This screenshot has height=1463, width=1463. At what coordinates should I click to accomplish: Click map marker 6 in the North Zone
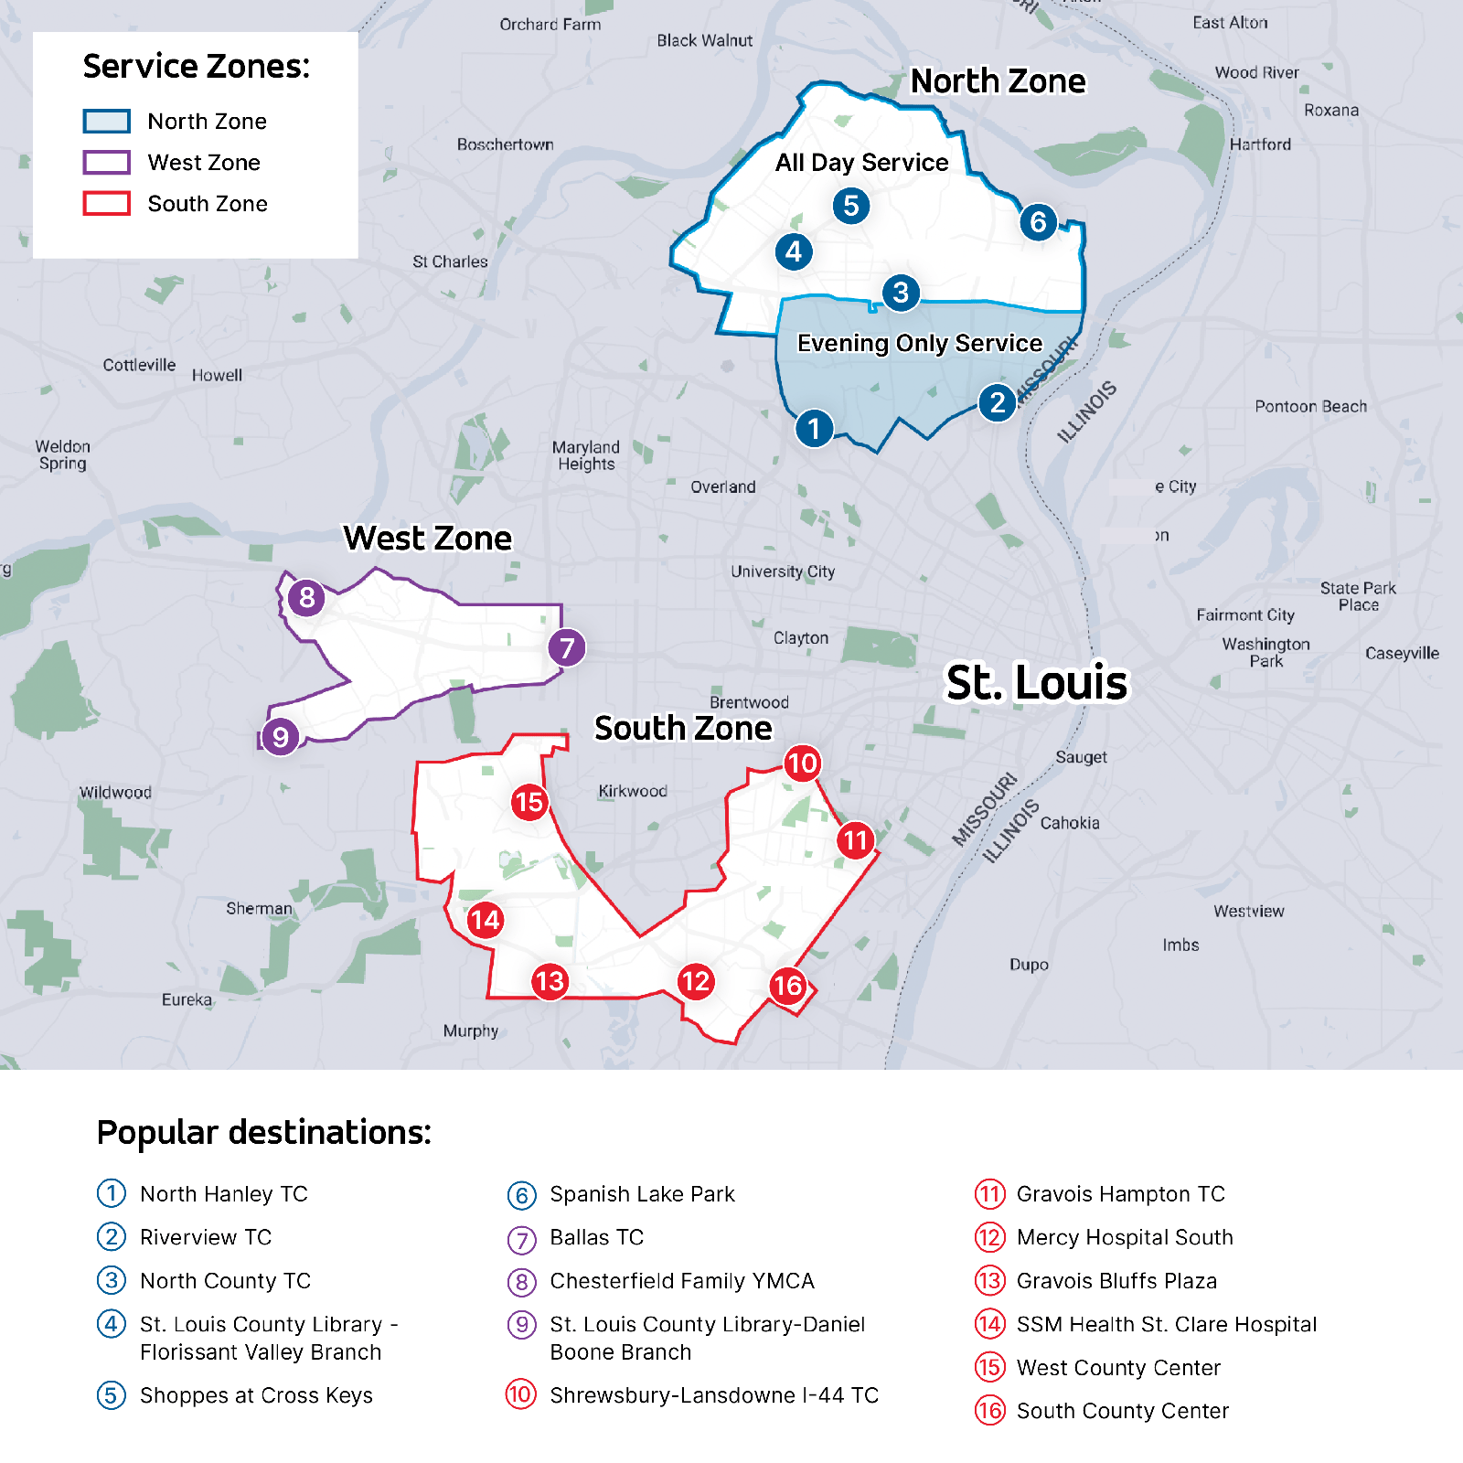[1038, 221]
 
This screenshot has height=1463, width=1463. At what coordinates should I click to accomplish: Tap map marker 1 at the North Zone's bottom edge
[814, 428]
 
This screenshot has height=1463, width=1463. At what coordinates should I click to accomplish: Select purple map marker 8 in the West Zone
[306, 598]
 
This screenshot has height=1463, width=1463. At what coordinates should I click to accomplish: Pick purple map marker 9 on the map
[280, 737]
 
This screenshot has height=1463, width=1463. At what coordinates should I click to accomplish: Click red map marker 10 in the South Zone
[802, 764]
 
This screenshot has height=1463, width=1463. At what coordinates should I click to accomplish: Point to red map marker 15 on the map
[529, 803]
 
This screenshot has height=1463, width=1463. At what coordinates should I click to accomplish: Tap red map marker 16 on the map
[787, 986]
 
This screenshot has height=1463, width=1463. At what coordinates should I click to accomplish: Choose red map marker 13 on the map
[550, 982]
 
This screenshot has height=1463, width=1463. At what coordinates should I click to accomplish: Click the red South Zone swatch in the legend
[106, 203]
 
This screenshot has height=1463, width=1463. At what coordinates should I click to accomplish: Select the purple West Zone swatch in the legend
[106, 162]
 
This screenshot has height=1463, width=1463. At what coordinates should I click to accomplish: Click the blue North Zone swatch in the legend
[106, 121]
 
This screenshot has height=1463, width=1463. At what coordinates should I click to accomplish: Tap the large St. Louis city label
[1037, 682]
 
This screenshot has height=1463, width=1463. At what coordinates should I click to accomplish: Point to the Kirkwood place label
[633, 791]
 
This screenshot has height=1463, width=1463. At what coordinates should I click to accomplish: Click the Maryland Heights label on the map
[586, 455]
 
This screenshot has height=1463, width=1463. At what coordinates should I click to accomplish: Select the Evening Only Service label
[919, 343]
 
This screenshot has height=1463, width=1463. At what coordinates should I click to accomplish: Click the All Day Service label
[861, 163]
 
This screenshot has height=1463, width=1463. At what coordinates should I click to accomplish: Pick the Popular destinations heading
[263, 1132]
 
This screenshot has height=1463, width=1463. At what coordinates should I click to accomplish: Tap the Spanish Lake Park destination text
[642, 1194]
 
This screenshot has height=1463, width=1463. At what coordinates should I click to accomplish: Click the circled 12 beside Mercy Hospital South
[989, 1237]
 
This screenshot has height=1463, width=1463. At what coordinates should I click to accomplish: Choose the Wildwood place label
[115, 792]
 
